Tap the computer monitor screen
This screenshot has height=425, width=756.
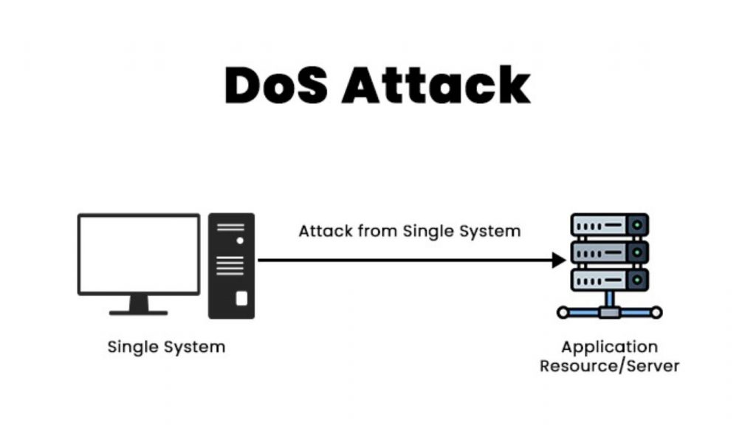[x=139, y=254]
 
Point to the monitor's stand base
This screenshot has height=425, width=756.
[x=139, y=312]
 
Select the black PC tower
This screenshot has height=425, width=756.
[x=231, y=266]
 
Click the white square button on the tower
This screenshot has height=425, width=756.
[x=241, y=298]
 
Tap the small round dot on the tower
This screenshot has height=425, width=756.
[x=239, y=241]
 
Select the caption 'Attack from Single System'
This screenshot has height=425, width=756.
[x=409, y=231]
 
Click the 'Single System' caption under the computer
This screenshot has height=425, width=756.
[x=166, y=346]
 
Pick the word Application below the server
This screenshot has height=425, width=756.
[x=609, y=347]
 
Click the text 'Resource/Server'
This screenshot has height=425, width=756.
[x=609, y=365]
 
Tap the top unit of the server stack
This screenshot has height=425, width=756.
[x=610, y=225]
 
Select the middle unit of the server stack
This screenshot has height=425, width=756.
[x=610, y=252]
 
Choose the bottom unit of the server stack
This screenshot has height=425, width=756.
[x=610, y=279]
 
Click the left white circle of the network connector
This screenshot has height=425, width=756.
[x=563, y=313]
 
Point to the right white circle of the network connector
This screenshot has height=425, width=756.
[x=656, y=313]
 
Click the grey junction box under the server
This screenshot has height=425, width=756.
[x=610, y=313]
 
